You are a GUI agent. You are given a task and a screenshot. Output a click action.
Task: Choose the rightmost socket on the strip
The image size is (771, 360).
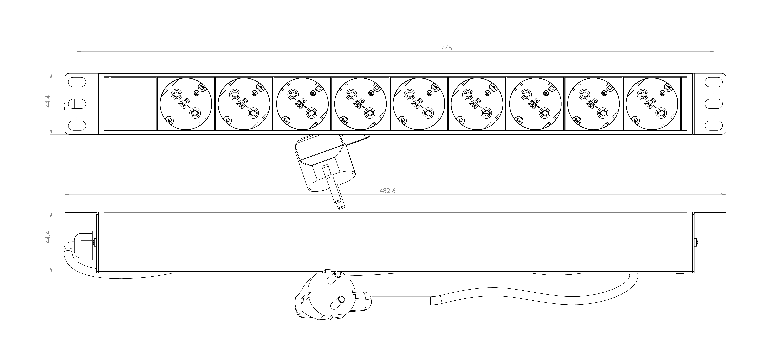click(652, 104)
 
